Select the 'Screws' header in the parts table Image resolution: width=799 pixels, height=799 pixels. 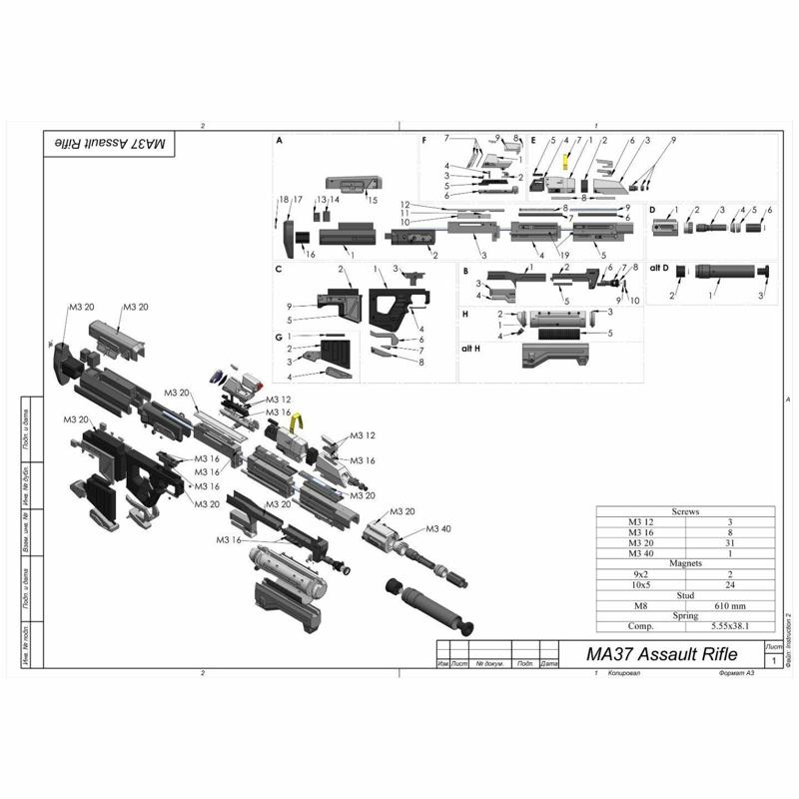tap(685, 511)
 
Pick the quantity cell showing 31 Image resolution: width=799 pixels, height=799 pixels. tap(730, 542)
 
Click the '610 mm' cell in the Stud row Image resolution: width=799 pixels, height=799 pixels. tap(730, 605)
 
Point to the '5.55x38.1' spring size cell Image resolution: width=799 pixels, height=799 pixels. tap(730, 626)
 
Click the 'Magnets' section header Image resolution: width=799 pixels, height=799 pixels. tap(685, 563)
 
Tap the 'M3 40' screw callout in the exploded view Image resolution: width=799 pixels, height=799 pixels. tap(440, 528)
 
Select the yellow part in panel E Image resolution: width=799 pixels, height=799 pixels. tap(565, 161)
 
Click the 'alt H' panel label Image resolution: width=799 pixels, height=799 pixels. tap(472, 347)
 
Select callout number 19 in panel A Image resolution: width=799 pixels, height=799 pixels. tap(564, 255)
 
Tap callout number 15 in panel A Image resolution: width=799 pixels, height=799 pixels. tap(373, 200)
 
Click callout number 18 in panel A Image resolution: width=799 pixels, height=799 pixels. tap(283, 200)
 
